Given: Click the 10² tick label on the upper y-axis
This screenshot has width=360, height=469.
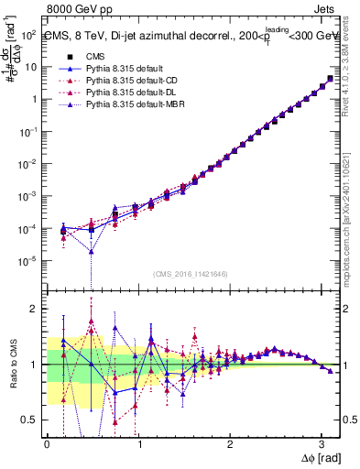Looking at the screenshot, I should point(29,34).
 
